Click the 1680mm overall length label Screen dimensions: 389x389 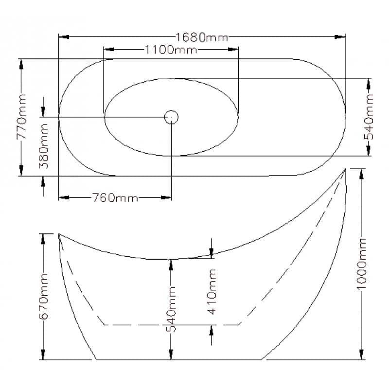[x=201, y=37]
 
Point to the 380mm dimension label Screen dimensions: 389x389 [x=43, y=146]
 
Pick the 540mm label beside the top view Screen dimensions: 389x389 [x=370, y=117]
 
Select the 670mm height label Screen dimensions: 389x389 [x=43, y=297]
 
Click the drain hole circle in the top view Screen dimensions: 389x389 [x=171, y=117]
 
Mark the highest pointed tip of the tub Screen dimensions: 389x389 [x=345, y=169]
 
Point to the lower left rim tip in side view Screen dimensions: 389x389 [x=59, y=234]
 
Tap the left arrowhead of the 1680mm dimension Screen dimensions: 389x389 [x=62, y=37]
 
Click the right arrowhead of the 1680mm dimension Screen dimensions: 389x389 [x=341, y=37]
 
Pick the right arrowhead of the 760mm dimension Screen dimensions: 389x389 [x=167, y=198]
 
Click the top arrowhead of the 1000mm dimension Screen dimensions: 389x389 [x=362, y=172]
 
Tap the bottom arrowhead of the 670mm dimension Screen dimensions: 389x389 [x=43, y=356]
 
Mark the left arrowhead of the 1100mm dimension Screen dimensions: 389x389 [x=108, y=50]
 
